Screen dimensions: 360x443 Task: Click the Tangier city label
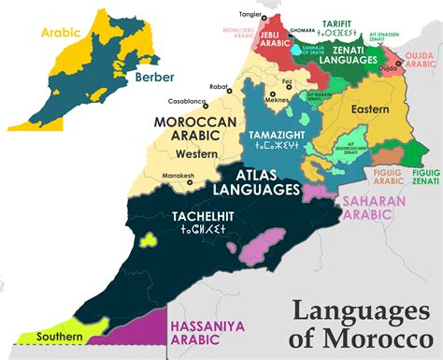click(249, 15)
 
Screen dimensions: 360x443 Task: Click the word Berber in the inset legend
click(155, 77)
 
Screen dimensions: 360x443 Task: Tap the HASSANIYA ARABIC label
click(205, 333)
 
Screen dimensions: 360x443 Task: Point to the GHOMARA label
click(302, 30)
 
